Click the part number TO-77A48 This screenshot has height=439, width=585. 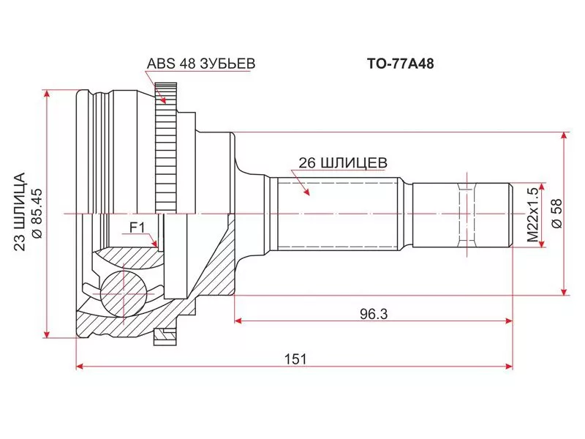[400, 64]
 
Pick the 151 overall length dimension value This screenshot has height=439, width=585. [295, 359]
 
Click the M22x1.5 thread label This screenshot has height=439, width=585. [532, 214]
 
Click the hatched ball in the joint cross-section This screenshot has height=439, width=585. [121, 292]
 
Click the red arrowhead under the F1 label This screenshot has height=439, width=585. [154, 242]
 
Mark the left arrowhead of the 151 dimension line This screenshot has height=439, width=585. [80, 365]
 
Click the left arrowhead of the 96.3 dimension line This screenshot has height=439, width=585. [238, 320]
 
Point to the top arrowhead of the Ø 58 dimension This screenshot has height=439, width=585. [564, 136]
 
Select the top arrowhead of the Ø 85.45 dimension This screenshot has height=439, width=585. [48, 94]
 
